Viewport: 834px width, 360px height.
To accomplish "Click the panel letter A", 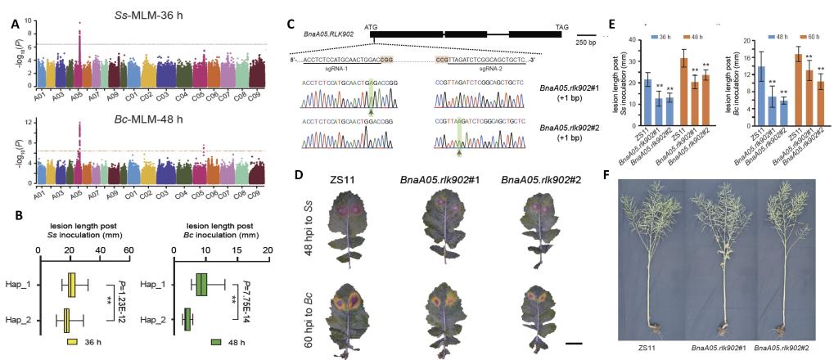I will [15, 24].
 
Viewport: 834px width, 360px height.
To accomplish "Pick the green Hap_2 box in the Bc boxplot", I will [187, 316].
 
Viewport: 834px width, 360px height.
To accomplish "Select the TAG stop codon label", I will [561, 26].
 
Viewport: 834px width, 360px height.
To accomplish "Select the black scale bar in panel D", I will [574, 344].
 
